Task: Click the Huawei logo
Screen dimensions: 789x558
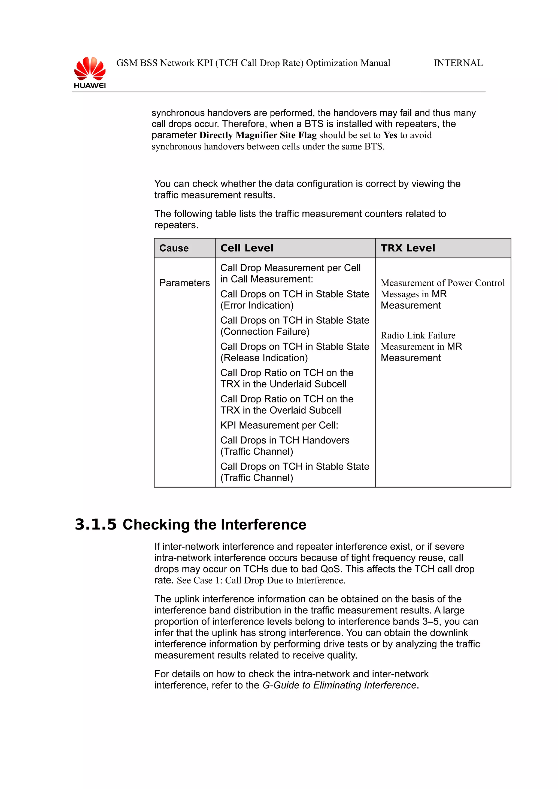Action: (x=90, y=72)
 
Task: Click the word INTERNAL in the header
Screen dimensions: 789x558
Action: (x=458, y=63)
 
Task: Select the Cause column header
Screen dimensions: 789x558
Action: (x=174, y=248)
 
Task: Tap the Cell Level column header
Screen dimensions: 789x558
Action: (x=247, y=248)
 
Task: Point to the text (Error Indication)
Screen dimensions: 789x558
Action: (x=257, y=305)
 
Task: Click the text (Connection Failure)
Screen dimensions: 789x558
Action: (x=265, y=332)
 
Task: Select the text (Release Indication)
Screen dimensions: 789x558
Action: (x=264, y=358)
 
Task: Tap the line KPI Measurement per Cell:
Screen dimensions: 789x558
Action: (x=279, y=426)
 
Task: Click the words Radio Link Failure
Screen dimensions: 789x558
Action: (x=418, y=335)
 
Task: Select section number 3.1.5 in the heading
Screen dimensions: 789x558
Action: (x=96, y=525)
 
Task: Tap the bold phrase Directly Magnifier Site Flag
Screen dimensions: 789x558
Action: (x=258, y=135)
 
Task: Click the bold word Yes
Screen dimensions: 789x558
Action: (x=390, y=135)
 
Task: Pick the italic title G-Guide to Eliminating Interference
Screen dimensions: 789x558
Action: (x=339, y=685)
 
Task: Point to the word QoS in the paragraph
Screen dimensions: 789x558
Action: (x=331, y=569)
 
